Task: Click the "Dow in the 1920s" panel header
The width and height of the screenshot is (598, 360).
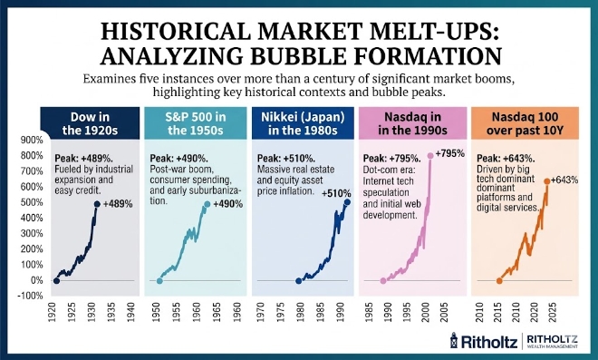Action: [90, 123]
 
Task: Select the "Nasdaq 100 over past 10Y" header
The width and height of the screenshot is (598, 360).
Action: [525, 123]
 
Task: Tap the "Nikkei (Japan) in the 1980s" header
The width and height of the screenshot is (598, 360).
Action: [303, 123]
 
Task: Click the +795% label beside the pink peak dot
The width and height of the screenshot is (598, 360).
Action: [450, 153]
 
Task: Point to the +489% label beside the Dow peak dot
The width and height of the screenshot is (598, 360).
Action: [118, 204]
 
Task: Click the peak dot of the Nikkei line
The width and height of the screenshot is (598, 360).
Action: [347, 202]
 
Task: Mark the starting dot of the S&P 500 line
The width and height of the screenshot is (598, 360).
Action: [159, 281]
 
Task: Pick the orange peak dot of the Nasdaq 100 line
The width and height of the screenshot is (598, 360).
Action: [546, 181]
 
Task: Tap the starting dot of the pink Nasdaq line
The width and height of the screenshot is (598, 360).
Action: [383, 281]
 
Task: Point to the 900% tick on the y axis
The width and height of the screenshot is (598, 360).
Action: [32, 141]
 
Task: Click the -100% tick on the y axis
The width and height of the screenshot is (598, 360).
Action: [30, 296]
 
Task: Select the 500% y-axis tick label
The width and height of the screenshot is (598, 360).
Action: [32, 202]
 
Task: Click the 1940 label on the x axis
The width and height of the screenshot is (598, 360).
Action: [130, 312]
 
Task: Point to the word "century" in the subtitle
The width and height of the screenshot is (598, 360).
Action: [339, 80]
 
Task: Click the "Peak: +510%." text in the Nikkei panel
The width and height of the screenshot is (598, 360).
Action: [286, 158]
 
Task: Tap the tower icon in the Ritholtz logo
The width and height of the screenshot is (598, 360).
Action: [453, 340]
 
